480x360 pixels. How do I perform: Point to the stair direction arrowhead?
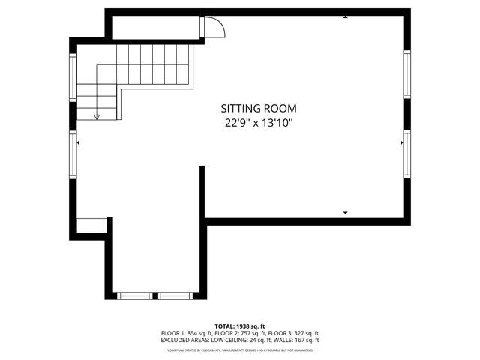pyautogui.click(x=97, y=116)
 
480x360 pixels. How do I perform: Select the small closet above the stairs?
pyautogui.click(x=154, y=28)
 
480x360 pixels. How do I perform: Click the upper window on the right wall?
pyautogui.click(x=407, y=75)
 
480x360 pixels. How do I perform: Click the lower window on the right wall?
pyautogui.click(x=407, y=154)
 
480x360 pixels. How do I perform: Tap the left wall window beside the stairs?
pyautogui.click(x=73, y=79)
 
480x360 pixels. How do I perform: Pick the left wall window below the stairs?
pyautogui.click(x=73, y=156)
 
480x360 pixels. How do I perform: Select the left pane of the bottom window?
pyautogui.click(x=136, y=295)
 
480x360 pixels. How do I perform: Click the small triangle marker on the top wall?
pyautogui.click(x=345, y=16)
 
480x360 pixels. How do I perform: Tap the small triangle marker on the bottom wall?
pyautogui.click(x=345, y=214)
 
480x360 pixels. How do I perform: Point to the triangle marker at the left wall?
pyautogui.click(x=79, y=140)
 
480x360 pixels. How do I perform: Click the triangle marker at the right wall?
pyautogui.click(x=402, y=140)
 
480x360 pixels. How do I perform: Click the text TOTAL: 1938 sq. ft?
pyautogui.click(x=240, y=326)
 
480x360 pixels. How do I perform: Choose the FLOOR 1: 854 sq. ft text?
pyautogui.click(x=187, y=333)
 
